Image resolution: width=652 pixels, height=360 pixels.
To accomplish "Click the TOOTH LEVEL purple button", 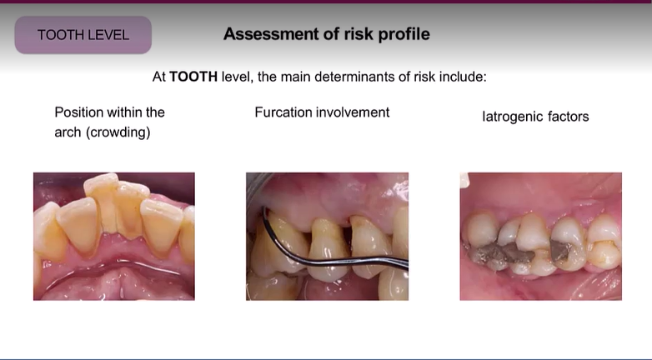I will click(x=83, y=35).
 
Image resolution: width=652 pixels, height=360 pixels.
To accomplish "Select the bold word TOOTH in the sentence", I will click(x=193, y=77).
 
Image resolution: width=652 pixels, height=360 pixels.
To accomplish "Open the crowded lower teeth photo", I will click(x=113, y=236).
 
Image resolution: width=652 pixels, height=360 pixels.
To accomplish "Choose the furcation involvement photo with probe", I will click(x=327, y=236).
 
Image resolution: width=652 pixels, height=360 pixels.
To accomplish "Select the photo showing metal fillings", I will click(x=540, y=236).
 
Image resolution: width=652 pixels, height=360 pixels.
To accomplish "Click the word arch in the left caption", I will click(x=68, y=132).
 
